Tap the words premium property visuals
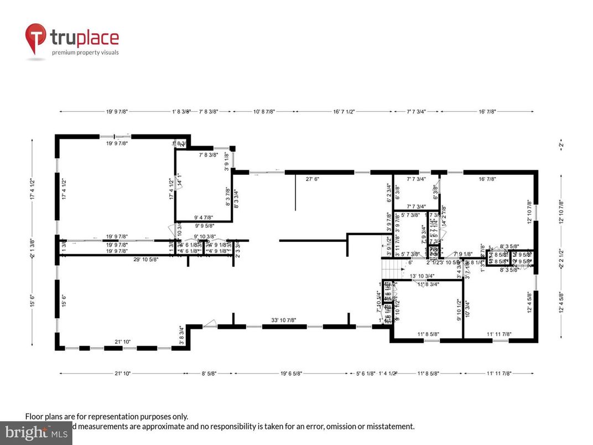(85, 53)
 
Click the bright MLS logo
(35, 432)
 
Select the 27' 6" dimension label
(314, 179)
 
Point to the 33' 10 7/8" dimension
(285, 320)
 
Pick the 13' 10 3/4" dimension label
(422, 276)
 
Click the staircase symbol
(389, 270)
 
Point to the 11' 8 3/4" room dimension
(428, 284)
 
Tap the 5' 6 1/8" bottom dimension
(362, 374)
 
